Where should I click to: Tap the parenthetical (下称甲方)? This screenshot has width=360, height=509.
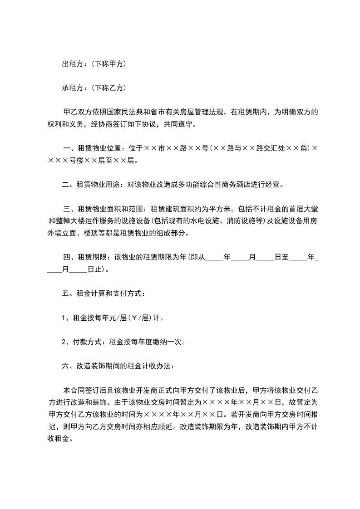click(108, 64)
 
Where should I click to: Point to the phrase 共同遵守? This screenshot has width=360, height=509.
click(180, 124)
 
